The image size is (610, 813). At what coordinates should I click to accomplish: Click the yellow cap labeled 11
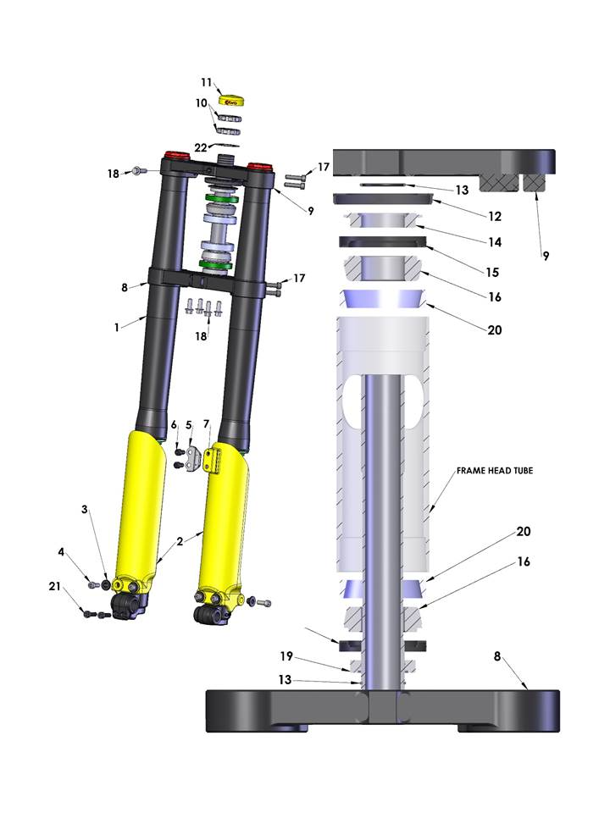(x=231, y=101)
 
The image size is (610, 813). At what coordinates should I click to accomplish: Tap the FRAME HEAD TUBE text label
(x=494, y=471)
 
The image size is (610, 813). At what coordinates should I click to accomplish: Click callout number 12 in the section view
(x=495, y=216)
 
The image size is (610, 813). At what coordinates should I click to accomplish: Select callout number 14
(x=495, y=242)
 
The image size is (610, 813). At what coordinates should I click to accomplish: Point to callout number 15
(x=492, y=272)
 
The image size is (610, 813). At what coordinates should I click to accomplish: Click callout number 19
(x=286, y=656)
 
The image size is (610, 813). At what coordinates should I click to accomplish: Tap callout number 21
(x=54, y=586)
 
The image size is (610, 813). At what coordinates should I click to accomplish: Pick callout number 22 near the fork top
(x=201, y=147)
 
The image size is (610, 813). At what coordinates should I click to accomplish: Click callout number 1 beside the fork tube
(x=117, y=327)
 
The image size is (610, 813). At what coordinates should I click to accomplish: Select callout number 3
(x=85, y=509)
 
